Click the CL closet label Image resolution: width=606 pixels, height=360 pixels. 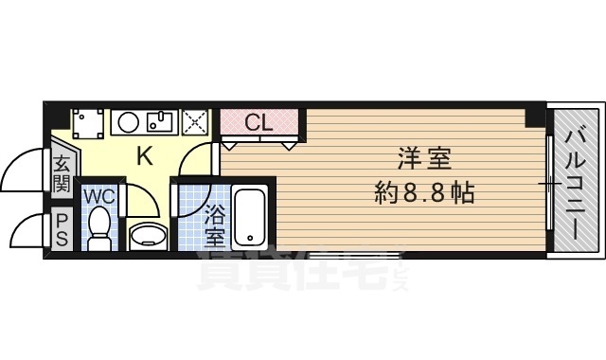tap(258, 123)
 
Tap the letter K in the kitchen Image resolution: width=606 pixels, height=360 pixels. tap(145, 156)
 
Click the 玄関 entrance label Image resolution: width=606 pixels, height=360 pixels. tap(61, 171)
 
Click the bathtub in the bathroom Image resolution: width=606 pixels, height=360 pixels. tap(249, 216)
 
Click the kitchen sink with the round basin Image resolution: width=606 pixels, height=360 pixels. tap(144, 121)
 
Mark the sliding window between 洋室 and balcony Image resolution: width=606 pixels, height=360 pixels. tap(549, 183)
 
